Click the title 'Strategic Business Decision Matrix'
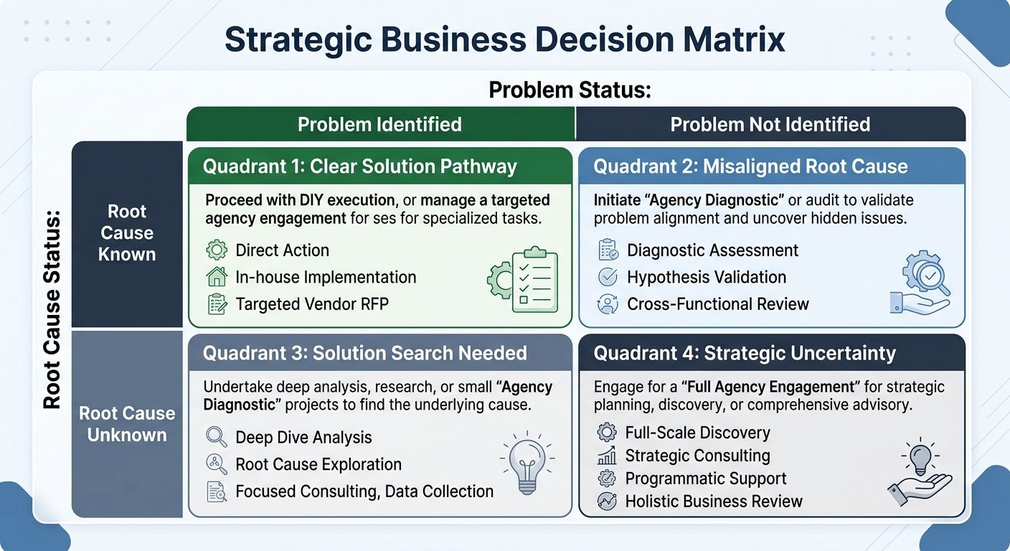pyautogui.click(x=504, y=39)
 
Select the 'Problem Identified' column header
pyautogui.click(x=379, y=124)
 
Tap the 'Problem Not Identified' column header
pyautogui.click(x=770, y=124)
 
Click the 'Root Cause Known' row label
pyautogui.click(x=127, y=233)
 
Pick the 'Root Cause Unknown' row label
pyautogui.click(x=127, y=424)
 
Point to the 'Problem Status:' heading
pyautogui.click(x=569, y=90)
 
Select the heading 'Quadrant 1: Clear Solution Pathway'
pyautogui.click(x=359, y=166)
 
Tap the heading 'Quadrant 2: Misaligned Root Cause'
pyautogui.click(x=750, y=166)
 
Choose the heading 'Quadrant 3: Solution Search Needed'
pyautogui.click(x=364, y=353)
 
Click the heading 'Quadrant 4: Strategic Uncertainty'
pyautogui.click(x=745, y=353)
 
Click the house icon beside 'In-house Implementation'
pyautogui.click(x=216, y=277)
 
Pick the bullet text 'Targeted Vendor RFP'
pyautogui.click(x=312, y=304)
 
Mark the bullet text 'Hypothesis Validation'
pyautogui.click(x=707, y=277)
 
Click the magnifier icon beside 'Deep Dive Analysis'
pyautogui.click(x=216, y=437)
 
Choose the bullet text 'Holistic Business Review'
pyautogui.click(x=714, y=501)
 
